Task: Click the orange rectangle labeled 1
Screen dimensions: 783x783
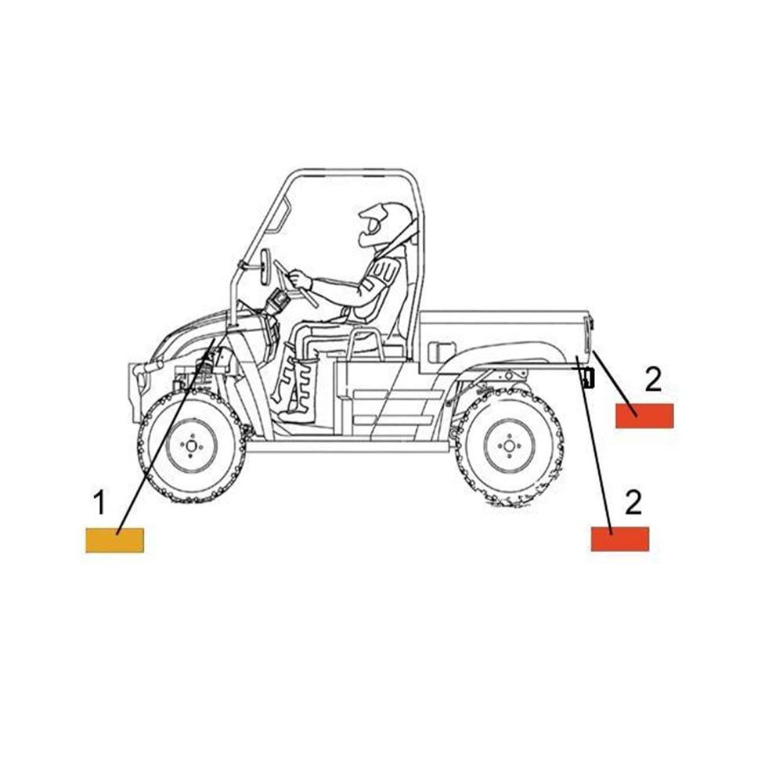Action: click(x=114, y=539)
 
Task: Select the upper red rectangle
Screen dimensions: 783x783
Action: click(x=644, y=416)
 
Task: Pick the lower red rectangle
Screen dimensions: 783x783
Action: click(x=619, y=539)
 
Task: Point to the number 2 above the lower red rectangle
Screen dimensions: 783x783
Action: click(x=633, y=502)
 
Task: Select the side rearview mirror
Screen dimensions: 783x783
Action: click(x=265, y=267)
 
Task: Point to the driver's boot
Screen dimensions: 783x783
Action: click(x=300, y=389)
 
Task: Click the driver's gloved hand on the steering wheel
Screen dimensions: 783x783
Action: click(x=301, y=280)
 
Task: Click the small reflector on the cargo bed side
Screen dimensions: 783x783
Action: click(x=442, y=352)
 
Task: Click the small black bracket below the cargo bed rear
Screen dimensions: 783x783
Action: click(x=588, y=377)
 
